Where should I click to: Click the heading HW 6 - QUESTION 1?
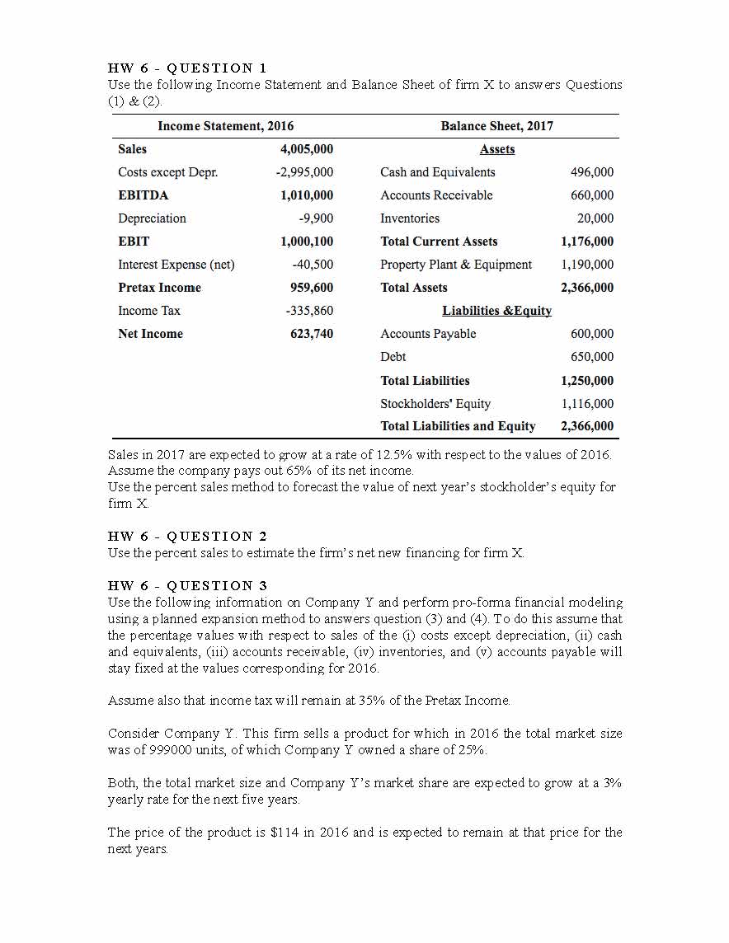[x=187, y=68]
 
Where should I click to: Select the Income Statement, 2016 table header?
[x=225, y=126]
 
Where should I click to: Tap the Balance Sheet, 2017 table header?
[x=496, y=126]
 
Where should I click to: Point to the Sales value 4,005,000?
[x=307, y=149]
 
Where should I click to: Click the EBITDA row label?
[x=143, y=195]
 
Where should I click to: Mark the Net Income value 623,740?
[x=312, y=334]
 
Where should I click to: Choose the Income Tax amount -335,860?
[x=310, y=311]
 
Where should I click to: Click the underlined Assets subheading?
[x=497, y=149]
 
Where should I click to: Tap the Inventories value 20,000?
[x=595, y=218]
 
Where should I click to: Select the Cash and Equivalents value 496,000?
[x=592, y=172]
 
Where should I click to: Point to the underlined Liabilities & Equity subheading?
[x=497, y=311]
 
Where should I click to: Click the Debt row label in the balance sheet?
[x=393, y=357]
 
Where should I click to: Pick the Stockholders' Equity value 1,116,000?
[x=587, y=404]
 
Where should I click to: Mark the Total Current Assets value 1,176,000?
[x=586, y=242]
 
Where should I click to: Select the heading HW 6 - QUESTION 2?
[x=187, y=536]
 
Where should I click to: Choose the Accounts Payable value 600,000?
[x=592, y=334]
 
